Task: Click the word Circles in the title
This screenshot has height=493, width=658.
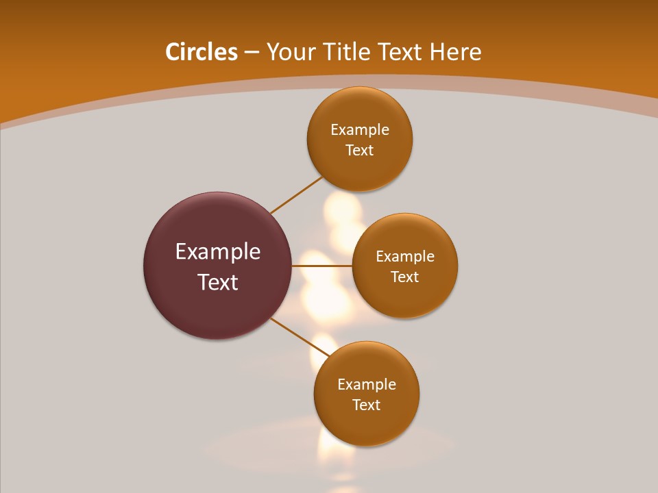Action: click(x=201, y=52)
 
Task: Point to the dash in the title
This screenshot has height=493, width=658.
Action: click(x=251, y=53)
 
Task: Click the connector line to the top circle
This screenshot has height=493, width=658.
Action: click(x=297, y=195)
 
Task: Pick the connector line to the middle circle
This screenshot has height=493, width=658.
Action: click(x=322, y=266)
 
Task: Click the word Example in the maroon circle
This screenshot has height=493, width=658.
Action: click(x=218, y=252)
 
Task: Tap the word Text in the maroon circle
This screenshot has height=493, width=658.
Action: click(x=218, y=282)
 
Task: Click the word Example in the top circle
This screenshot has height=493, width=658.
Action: click(x=360, y=130)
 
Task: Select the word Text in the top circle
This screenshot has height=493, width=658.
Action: click(x=360, y=151)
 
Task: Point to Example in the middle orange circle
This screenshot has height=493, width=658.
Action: click(x=405, y=257)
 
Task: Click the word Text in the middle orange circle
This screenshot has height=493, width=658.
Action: click(x=405, y=277)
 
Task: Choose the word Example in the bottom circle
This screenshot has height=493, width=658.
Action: click(x=367, y=385)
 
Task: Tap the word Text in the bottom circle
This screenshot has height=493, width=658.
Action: click(x=367, y=405)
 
